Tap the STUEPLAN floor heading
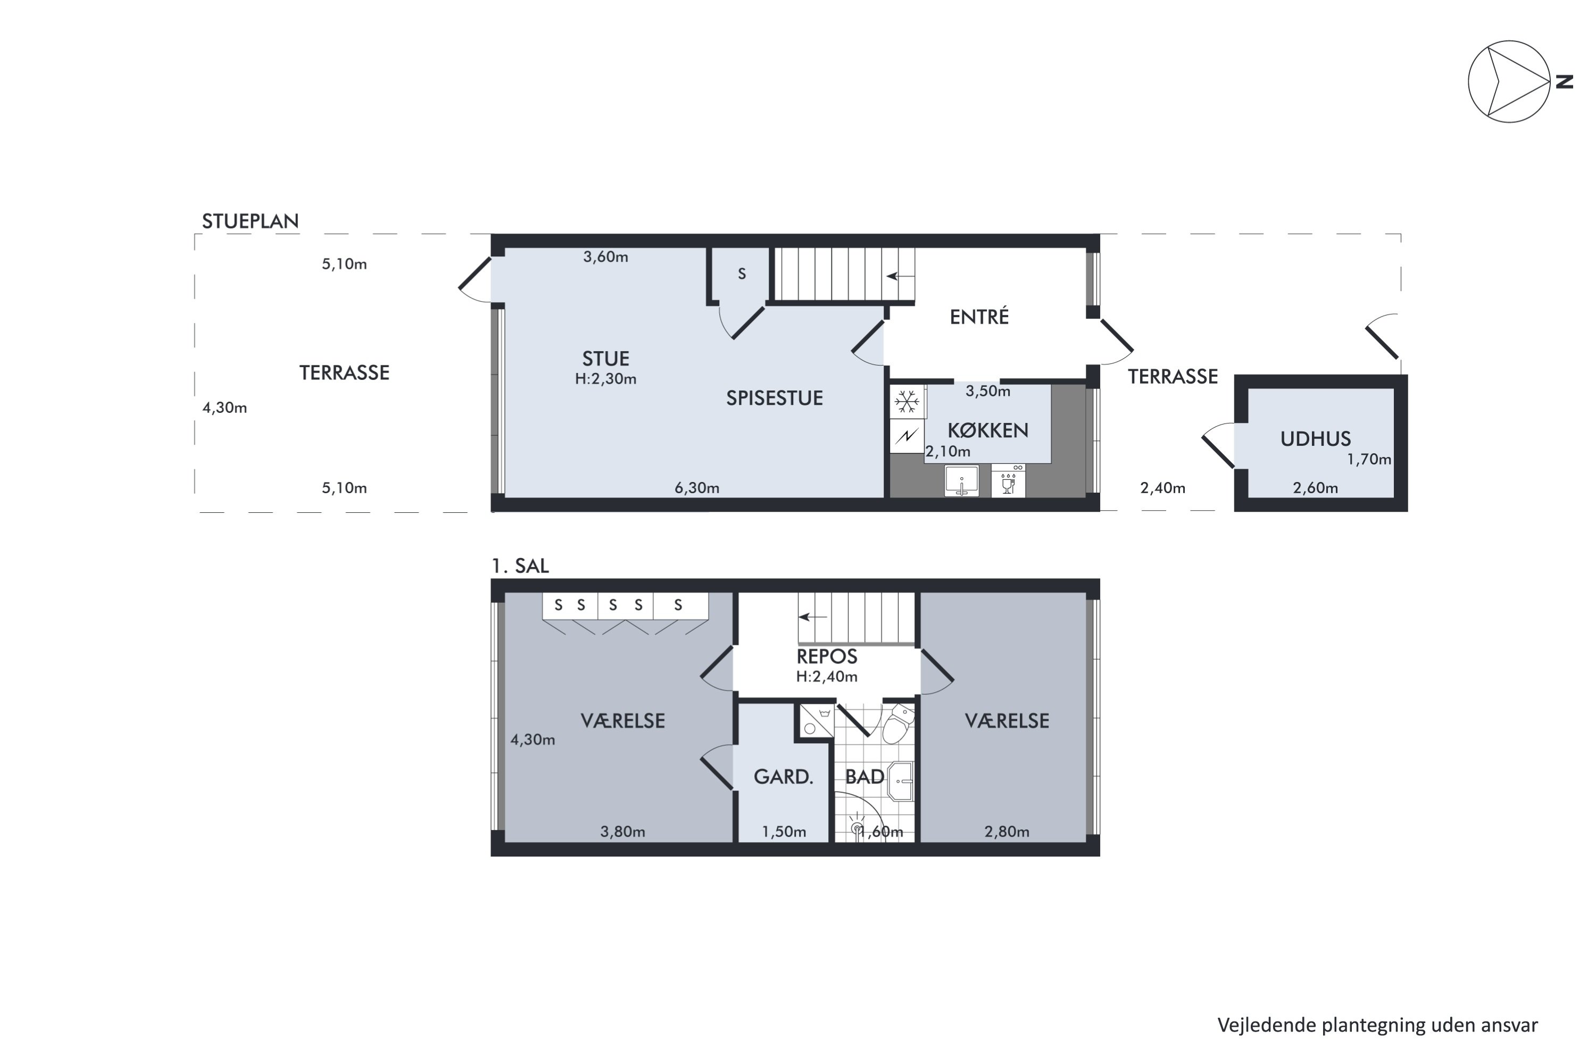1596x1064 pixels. (x=251, y=221)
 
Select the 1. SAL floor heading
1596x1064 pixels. (x=520, y=566)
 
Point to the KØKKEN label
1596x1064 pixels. (x=988, y=430)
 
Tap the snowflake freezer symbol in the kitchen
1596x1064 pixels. (x=907, y=402)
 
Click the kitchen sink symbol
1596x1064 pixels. (x=961, y=481)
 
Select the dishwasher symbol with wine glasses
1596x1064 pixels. (x=1008, y=481)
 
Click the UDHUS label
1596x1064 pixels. (x=1316, y=439)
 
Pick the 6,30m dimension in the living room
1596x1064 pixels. (x=697, y=488)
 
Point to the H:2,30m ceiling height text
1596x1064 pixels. (x=606, y=379)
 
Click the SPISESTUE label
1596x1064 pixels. (x=775, y=398)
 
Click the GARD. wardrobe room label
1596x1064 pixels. (x=784, y=777)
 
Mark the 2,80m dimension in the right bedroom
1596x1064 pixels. (x=1007, y=832)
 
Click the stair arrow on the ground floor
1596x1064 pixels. (x=901, y=276)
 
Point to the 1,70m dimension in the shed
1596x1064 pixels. (x=1369, y=460)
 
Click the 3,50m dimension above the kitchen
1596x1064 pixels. (x=988, y=392)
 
